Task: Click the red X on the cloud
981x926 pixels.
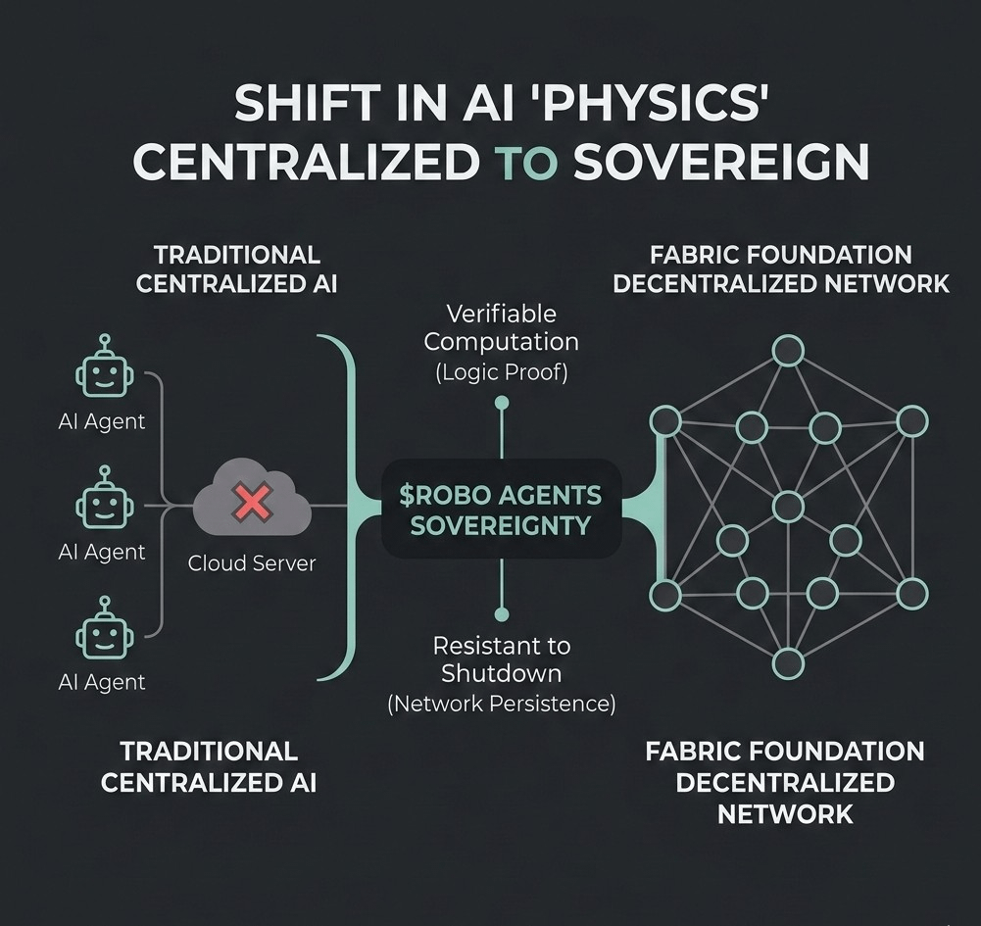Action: pyautogui.click(x=252, y=505)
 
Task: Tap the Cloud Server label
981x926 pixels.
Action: pyautogui.click(x=252, y=564)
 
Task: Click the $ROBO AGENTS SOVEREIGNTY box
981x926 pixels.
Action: pyautogui.click(x=501, y=510)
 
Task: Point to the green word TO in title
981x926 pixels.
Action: pyautogui.click(x=526, y=163)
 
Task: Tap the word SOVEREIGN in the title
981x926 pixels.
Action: pyautogui.click(x=721, y=163)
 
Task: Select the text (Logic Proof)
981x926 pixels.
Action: pyautogui.click(x=501, y=372)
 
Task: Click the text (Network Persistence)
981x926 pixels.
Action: pyautogui.click(x=501, y=703)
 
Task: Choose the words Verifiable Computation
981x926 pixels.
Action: pyautogui.click(x=501, y=328)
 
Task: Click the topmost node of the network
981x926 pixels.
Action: pyautogui.click(x=788, y=350)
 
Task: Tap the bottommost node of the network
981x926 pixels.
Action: pyautogui.click(x=788, y=663)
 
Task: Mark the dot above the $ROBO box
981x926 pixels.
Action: pyautogui.click(x=502, y=402)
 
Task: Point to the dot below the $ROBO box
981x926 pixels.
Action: pyautogui.click(x=502, y=614)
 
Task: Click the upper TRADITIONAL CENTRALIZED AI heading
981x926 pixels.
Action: pyautogui.click(x=237, y=269)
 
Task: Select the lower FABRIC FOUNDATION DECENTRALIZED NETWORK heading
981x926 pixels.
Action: pyautogui.click(x=784, y=782)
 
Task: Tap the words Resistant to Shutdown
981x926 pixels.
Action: pyautogui.click(x=501, y=659)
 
